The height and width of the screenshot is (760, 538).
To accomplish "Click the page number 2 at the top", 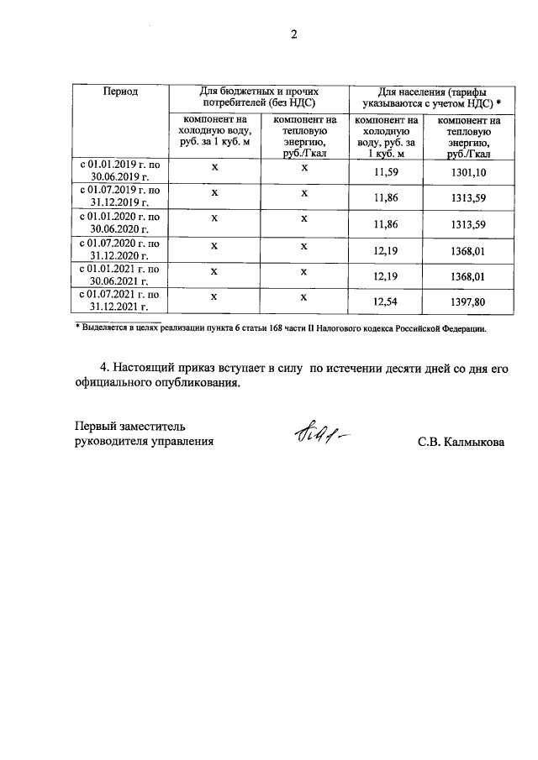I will coord(293,34).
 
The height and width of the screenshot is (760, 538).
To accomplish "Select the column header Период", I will coord(120,91).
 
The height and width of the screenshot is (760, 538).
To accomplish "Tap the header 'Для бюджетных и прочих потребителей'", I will coord(262,97).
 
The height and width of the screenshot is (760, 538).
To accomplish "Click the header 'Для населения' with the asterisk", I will coord(432,97).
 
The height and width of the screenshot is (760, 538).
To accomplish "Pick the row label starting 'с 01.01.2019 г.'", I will coord(120,171).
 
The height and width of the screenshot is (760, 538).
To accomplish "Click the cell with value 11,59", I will coord(385,172).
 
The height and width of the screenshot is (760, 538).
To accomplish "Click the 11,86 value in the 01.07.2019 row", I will coord(385,198).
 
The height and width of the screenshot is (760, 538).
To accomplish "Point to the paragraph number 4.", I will coord(104,368).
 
